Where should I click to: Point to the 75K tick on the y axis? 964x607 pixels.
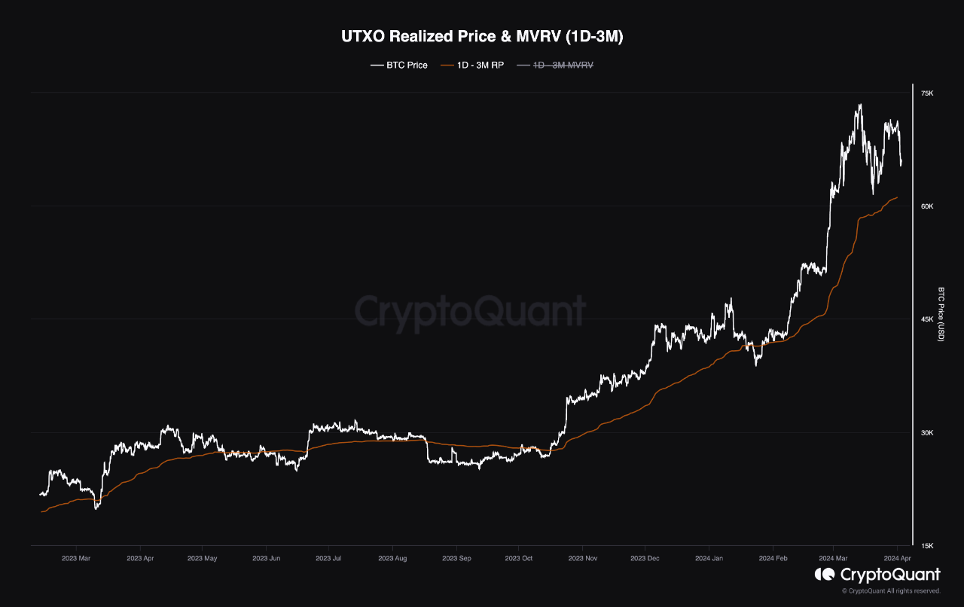[x=927, y=93]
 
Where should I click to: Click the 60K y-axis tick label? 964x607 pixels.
[x=927, y=206]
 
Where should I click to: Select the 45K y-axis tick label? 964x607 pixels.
[x=927, y=319]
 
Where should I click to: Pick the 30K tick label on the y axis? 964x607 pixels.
[x=927, y=433]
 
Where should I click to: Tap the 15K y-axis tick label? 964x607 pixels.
[x=927, y=546]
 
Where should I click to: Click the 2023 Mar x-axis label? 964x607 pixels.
[x=77, y=559]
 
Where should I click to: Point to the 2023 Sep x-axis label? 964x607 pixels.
[x=456, y=559]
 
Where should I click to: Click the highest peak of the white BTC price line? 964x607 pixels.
[x=860, y=105]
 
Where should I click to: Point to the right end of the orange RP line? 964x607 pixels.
[x=897, y=197]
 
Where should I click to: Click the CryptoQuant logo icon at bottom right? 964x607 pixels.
[x=824, y=575]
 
